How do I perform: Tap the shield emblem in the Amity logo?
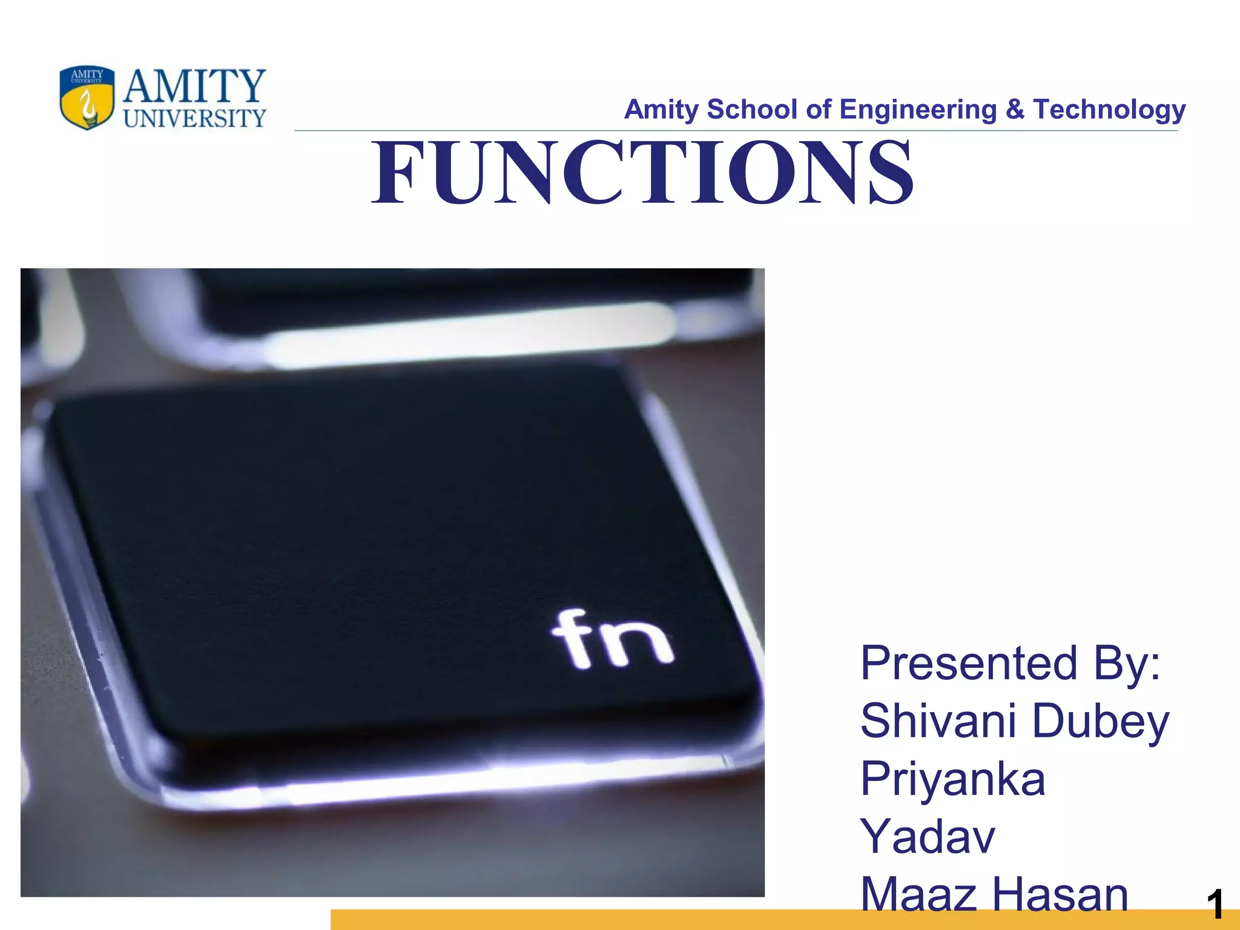pyautogui.click(x=87, y=97)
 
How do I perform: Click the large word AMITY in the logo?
pyautogui.click(x=194, y=86)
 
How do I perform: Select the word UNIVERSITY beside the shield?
pyautogui.click(x=194, y=118)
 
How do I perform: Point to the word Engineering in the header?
pyautogui.click(x=918, y=110)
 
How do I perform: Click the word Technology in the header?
pyautogui.click(x=1109, y=110)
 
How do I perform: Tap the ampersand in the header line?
pyautogui.click(x=1015, y=110)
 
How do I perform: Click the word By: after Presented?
pyautogui.click(x=1127, y=664)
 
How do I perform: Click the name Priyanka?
pyautogui.click(x=953, y=779)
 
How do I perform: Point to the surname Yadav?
pyautogui.click(x=927, y=836)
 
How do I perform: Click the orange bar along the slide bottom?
pyautogui.click(x=605, y=920)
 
